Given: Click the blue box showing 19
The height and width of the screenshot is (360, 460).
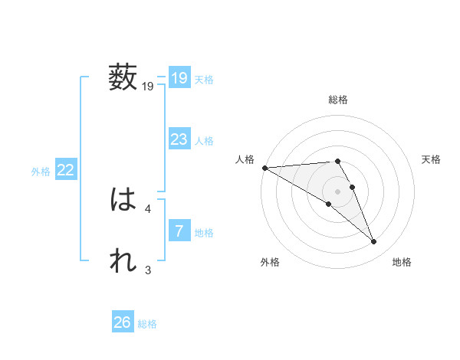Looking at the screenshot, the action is coord(179,78).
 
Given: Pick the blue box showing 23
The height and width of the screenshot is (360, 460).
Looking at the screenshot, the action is coord(179,139).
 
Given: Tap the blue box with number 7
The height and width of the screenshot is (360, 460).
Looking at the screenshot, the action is coord(179,231).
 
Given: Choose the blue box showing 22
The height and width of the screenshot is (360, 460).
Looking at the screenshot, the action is coord(65,170).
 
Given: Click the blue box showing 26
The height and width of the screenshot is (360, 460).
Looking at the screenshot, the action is coord(122,322).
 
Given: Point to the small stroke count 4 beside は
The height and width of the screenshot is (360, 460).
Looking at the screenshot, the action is coord(147,208).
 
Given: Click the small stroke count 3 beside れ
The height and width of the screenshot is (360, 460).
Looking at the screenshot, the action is coord(147,269).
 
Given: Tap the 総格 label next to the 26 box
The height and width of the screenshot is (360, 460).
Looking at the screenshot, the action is coord(147,324).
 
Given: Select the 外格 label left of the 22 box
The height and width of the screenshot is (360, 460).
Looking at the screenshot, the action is coord(41,172).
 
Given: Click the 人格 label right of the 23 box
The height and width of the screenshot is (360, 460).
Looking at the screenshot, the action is coord(204,141).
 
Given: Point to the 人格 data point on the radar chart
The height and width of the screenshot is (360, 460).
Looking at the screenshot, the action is coord(264,168).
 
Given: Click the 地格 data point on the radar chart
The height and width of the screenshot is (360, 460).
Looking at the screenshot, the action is coord(374,242).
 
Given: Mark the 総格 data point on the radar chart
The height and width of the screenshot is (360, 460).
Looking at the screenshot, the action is coord(337,161).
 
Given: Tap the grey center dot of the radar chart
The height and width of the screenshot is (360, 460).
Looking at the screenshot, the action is coord(337,190).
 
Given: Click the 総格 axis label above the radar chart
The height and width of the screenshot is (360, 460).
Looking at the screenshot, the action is coord(338,100).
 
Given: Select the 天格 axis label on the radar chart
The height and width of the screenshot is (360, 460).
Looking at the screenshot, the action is coord(432,159).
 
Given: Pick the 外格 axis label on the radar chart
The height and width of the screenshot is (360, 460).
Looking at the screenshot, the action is coord(269,262).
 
